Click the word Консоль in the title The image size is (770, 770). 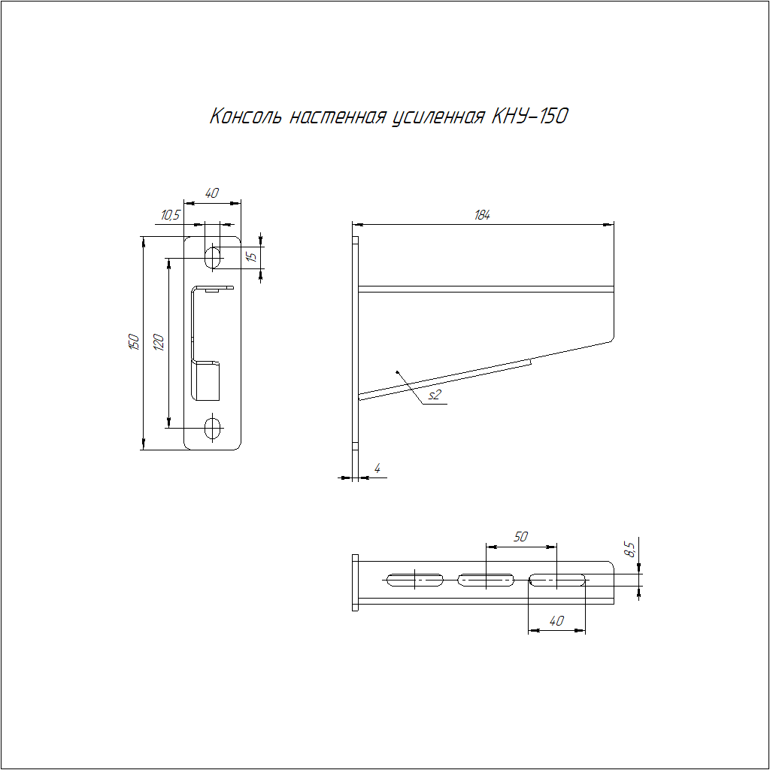click(x=246, y=117)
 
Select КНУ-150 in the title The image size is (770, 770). click(x=530, y=117)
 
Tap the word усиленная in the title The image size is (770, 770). click(x=438, y=117)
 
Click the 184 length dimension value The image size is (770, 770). click(x=482, y=215)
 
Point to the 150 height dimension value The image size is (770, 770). click(x=134, y=342)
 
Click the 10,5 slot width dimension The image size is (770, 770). click(x=171, y=215)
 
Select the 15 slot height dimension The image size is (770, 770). click(x=251, y=256)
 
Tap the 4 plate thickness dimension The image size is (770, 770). click(x=377, y=468)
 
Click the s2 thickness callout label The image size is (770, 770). click(x=435, y=396)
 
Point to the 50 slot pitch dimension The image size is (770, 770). click(x=520, y=537)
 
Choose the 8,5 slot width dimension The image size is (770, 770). click(x=629, y=548)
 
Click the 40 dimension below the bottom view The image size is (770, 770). click(x=556, y=621)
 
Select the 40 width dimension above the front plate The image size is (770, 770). click(x=211, y=193)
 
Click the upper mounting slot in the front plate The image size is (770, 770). click(x=213, y=257)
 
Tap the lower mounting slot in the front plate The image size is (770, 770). click(x=213, y=428)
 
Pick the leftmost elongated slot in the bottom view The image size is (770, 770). click(x=415, y=580)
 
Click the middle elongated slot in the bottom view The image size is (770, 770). click(x=486, y=580)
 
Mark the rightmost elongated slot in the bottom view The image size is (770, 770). click(x=556, y=580)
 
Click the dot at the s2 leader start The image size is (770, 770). click(x=397, y=371)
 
